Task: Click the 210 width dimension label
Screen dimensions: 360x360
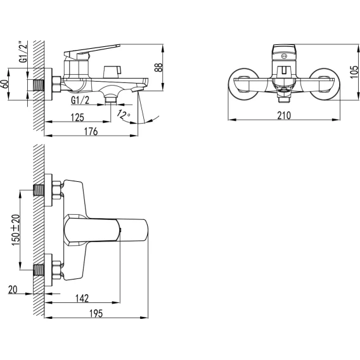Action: [284, 115]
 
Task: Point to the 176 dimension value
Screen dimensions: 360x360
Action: [91, 132]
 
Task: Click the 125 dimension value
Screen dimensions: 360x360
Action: [77, 117]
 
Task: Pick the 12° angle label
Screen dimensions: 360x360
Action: [124, 115]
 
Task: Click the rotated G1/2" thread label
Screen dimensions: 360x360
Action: [23, 53]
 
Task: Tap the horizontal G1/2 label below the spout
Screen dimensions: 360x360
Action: [80, 100]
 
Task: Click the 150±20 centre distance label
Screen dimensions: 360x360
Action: [16, 230]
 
